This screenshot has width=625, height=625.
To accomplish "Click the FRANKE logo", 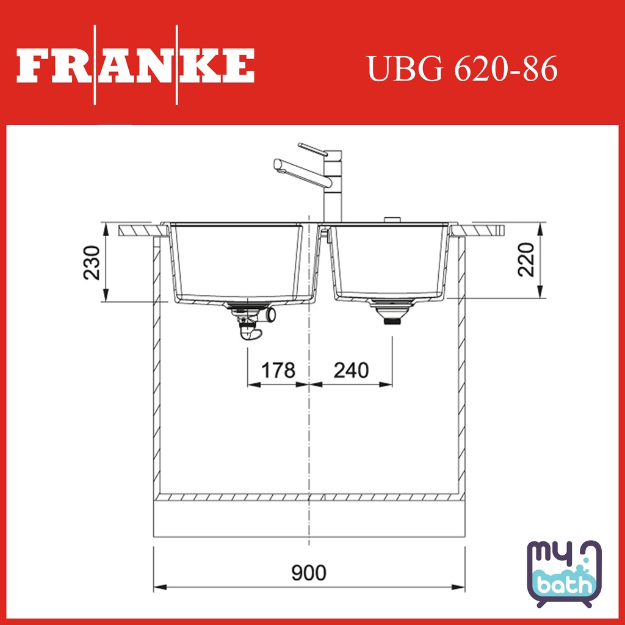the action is click(135, 65).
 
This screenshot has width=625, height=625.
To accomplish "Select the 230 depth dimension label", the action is click(92, 263).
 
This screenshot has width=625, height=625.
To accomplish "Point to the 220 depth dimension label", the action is click(526, 259).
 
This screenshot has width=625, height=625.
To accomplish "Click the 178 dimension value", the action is click(278, 370).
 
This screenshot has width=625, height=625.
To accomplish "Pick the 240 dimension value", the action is click(351, 370).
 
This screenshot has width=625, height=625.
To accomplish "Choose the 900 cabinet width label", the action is click(309, 573).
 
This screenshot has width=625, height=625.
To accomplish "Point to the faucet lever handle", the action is click(312, 148).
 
